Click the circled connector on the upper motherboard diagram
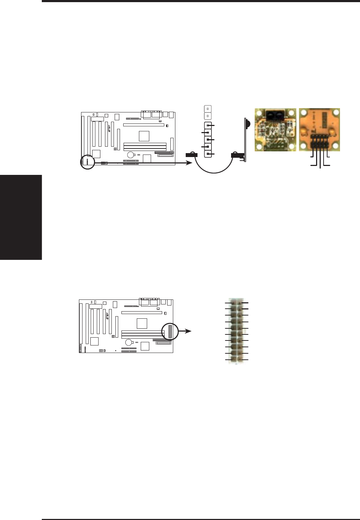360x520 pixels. click(x=87, y=163)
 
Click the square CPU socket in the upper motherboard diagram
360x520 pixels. click(x=144, y=136)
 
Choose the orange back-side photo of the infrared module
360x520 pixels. click(x=319, y=130)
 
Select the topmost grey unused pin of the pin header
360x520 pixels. click(x=208, y=108)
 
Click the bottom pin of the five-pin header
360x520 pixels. click(x=208, y=154)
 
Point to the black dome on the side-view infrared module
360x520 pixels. click(x=247, y=123)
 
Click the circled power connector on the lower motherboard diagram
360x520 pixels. click(x=170, y=332)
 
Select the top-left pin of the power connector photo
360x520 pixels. click(x=233, y=303)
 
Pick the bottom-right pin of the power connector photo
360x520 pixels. click(x=240, y=359)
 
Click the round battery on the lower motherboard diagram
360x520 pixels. click(x=128, y=342)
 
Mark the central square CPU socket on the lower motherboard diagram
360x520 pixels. click(x=142, y=323)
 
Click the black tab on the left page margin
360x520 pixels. click(x=21, y=217)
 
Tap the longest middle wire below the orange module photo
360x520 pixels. click(x=320, y=159)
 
